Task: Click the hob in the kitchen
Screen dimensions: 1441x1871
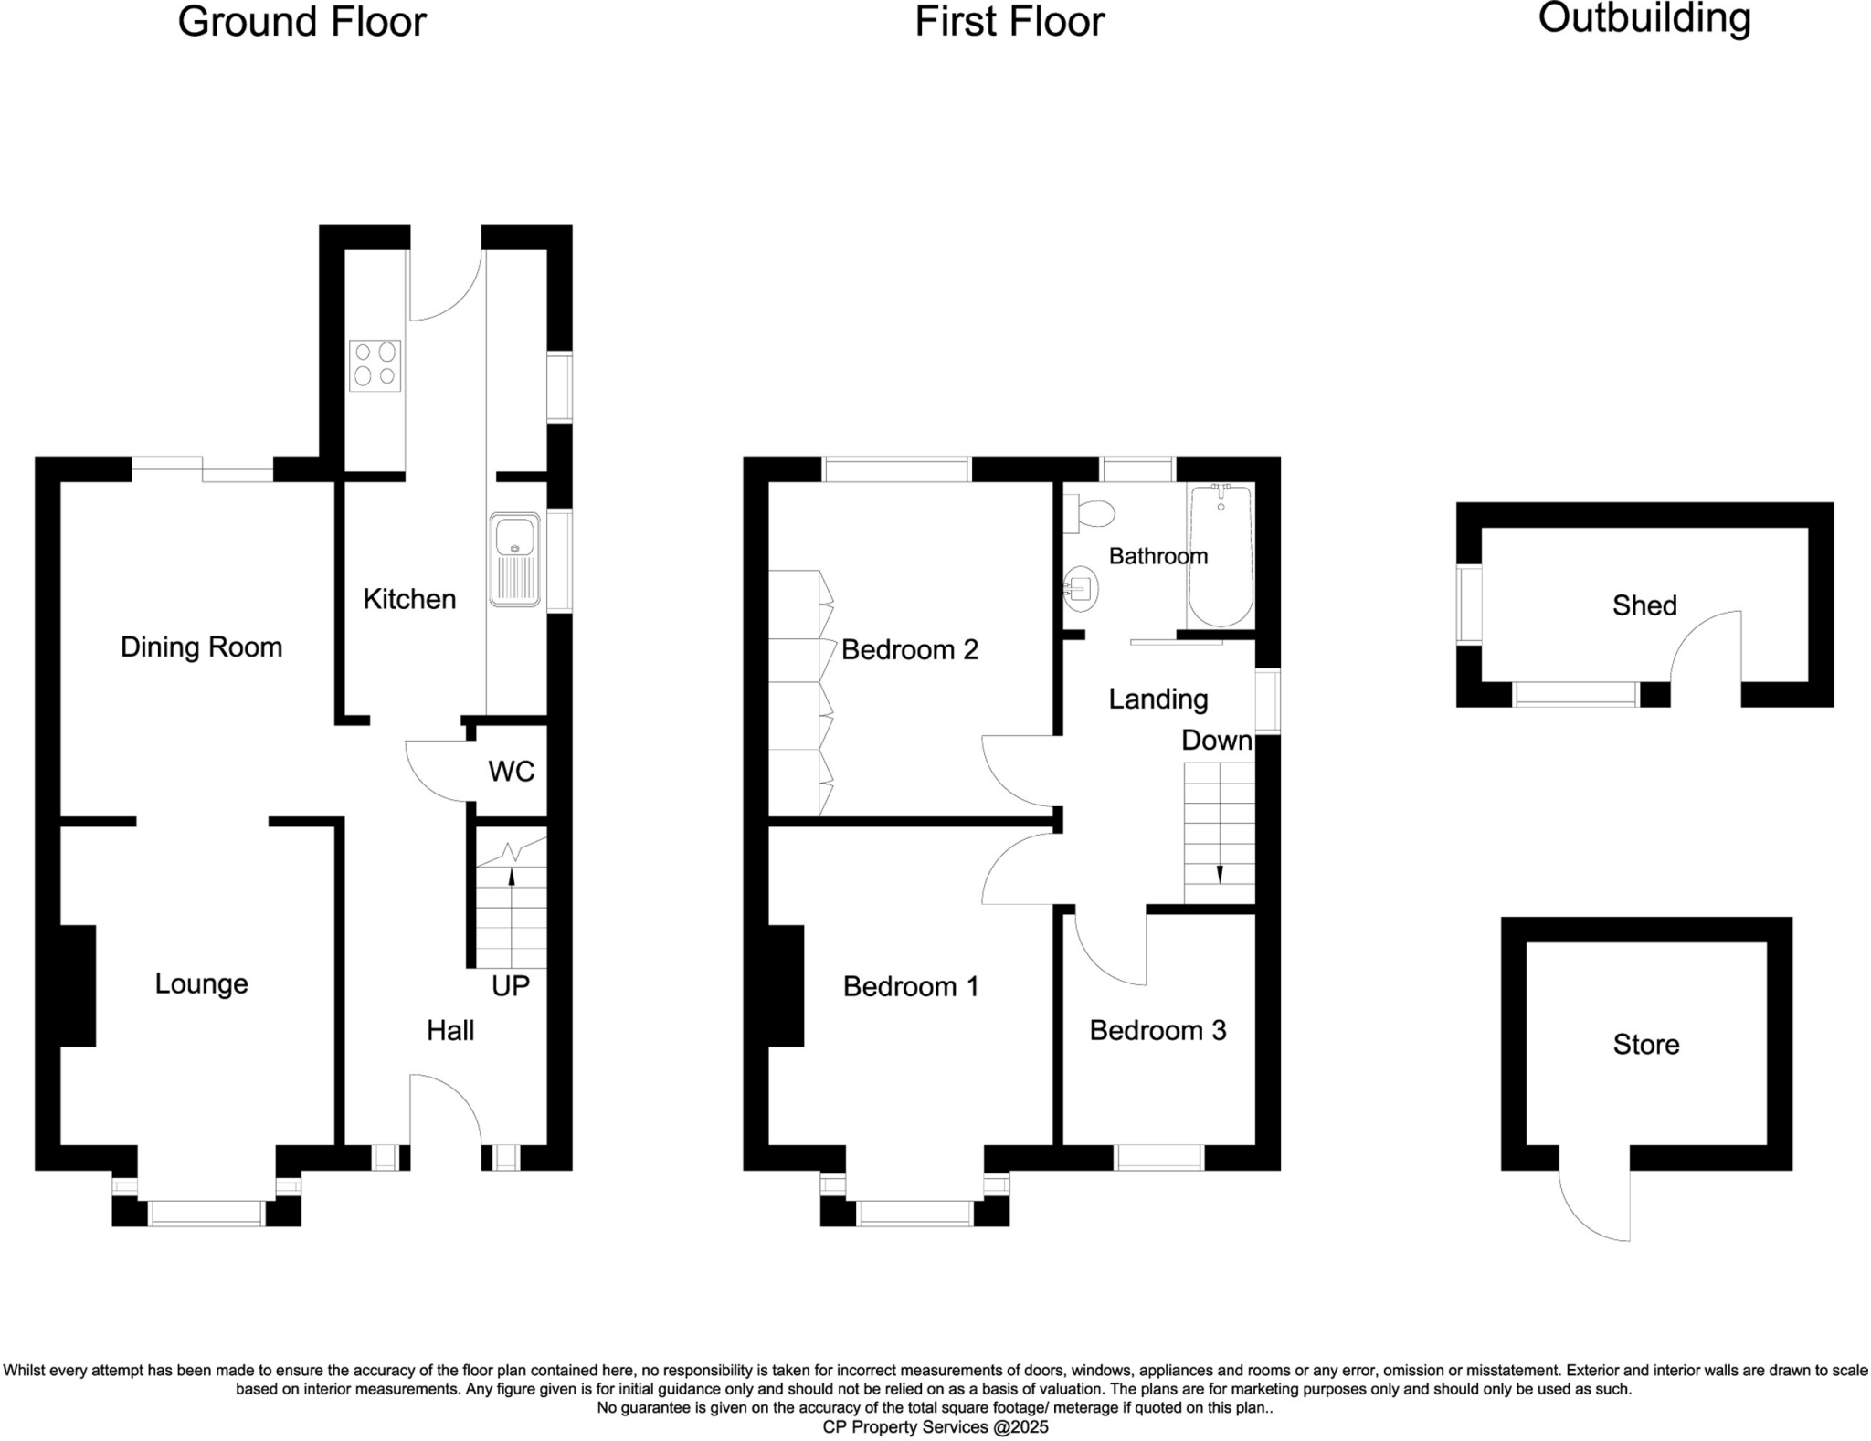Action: [375, 365]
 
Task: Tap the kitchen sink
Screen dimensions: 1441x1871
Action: [515, 559]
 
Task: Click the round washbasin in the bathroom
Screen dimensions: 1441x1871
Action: [1082, 589]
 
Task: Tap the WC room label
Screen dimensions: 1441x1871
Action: [511, 772]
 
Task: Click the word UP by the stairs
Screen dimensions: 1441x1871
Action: [510, 985]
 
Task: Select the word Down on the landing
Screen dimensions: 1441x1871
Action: [1216, 740]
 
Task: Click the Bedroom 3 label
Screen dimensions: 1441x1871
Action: [1157, 1030]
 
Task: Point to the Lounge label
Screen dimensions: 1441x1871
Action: [201, 983]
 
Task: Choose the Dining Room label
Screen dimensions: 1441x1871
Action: [201, 647]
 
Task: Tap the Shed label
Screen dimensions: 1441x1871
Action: [1644, 605]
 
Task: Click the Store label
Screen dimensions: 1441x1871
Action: [1645, 1044]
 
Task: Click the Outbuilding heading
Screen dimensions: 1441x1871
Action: [1644, 19]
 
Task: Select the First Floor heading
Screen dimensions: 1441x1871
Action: [1009, 22]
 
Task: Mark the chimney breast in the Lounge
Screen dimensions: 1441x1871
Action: [78, 985]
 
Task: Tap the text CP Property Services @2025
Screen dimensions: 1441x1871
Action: [935, 1426]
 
